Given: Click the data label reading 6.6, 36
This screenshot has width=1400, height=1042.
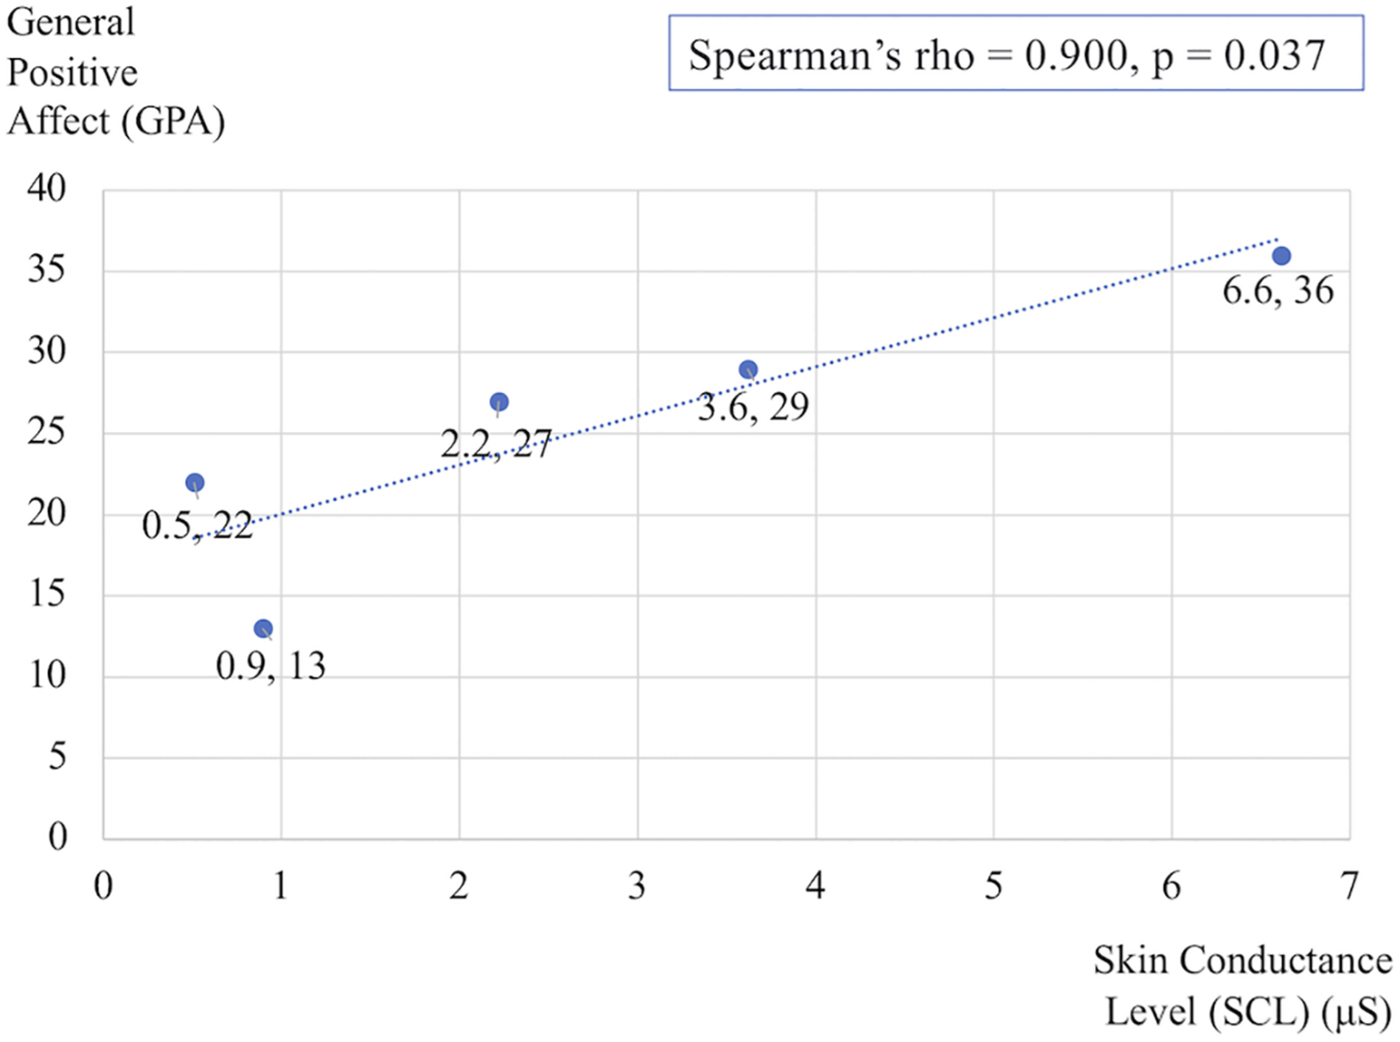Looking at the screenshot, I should tap(1277, 291).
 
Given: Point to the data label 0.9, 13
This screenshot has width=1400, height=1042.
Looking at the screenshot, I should tap(271, 667).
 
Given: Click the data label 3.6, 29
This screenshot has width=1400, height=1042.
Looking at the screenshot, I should tap(753, 407).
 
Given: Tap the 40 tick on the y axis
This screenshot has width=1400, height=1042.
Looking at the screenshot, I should tap(46, 188).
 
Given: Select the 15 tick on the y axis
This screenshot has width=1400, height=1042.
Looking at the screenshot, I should tap(47, 594).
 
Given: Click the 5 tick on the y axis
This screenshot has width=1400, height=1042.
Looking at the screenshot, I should tap(57, 757).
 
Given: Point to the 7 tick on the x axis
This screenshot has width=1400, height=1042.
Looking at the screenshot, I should tap(1349, 886).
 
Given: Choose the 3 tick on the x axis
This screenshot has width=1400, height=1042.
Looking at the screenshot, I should tap(637, 886).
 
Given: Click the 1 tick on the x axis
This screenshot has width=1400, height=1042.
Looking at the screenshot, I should tap(280, 886).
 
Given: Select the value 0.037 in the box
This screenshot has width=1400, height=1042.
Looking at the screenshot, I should tap(1274, 56).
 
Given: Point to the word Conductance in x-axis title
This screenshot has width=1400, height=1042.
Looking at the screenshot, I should tap(1286, 961).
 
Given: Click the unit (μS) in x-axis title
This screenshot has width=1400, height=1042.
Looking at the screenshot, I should tap(1356, 1012).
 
